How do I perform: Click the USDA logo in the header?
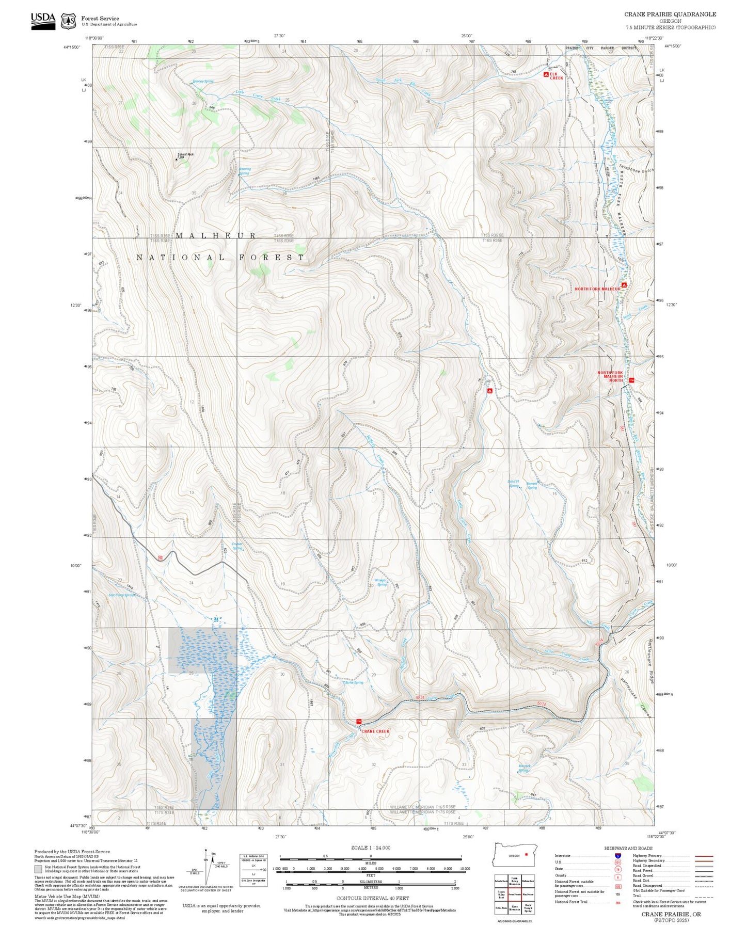point(43,21)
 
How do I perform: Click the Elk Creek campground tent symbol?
point(546,75)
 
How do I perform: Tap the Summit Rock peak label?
point(185,155)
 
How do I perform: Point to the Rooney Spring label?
point(203,82)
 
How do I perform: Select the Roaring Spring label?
point(245,171)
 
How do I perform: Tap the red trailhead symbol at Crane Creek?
point(359,721)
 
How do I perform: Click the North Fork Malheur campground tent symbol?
point(624,285)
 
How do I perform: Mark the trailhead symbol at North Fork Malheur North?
point(631,380)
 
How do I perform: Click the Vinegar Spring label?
point(380,582)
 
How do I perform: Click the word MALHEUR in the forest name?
point(216,235)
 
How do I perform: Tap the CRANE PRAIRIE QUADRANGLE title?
point(670,14)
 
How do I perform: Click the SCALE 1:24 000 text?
point(371,848)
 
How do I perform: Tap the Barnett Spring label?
point(532,486)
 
